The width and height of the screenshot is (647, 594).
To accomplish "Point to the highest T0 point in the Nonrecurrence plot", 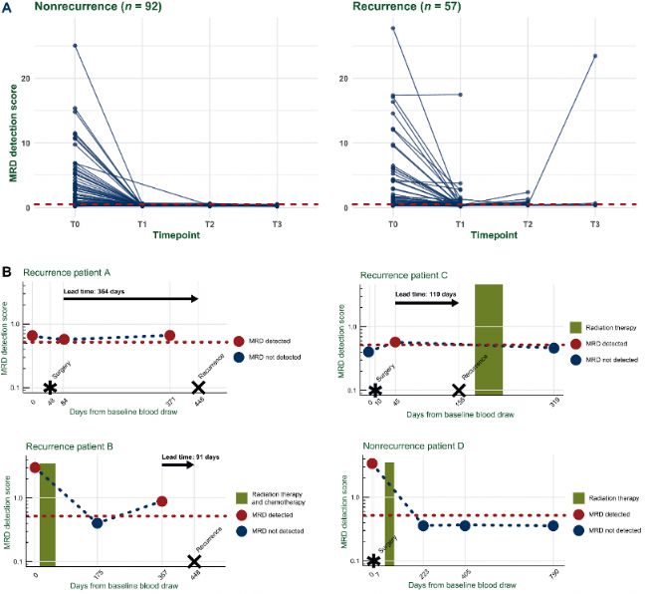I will (75, 46).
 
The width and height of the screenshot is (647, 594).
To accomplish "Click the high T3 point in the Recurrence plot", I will (594, 56).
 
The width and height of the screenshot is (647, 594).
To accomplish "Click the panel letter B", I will (8, 271).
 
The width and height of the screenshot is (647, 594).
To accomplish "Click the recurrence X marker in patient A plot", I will (198, 387).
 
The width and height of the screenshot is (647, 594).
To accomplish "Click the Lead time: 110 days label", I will (425, 295).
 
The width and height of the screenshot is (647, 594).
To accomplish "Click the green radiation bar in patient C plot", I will (489, 339).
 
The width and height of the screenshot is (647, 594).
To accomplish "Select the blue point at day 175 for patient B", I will (98, 523).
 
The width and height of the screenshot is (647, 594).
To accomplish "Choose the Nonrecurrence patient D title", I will (407, 452).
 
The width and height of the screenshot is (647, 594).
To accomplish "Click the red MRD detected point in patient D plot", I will (372, 463).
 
